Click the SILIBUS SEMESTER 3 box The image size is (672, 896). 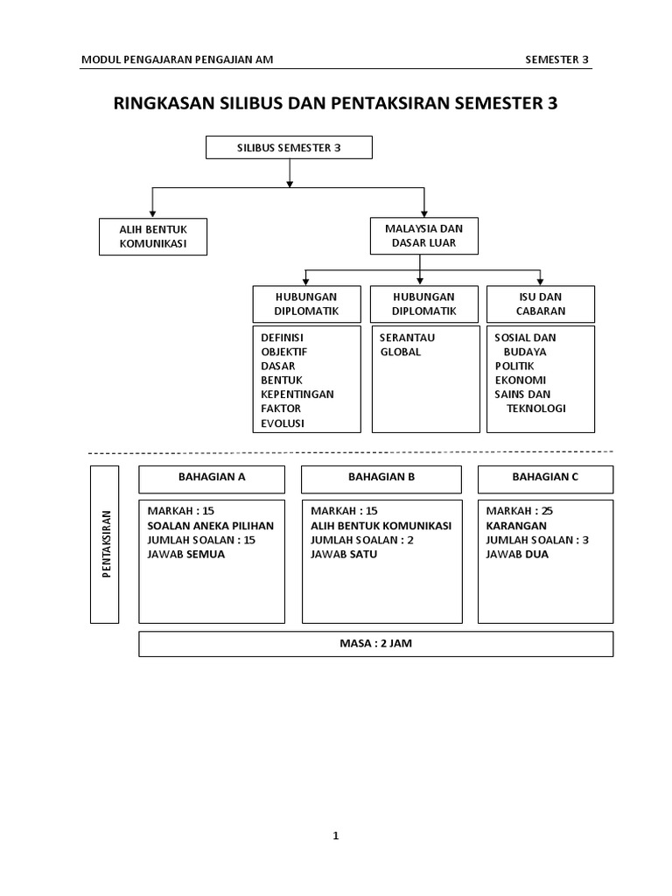[x=289, y=148]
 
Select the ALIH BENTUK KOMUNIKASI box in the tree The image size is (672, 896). [x=153, y=236]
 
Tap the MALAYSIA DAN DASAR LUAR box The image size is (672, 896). [x=424, y=235]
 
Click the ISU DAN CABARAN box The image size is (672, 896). [x=541, y=304]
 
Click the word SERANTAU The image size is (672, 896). [x=407, y=338]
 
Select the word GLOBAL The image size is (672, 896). [x=400, y=352]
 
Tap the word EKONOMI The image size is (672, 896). [x=520, y=380]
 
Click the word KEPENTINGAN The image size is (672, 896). [x=297, y=394]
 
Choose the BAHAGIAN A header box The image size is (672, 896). [x=212, y=479]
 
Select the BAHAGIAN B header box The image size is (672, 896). [x=381, y=479]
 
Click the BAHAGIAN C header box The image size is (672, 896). [x=545, y=479]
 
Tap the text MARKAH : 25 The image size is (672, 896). [x=520, y=512]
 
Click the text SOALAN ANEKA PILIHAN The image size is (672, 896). [x=211, y=526]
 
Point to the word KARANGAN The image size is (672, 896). [x=517, y=526]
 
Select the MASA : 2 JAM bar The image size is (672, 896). [x=375, y=644]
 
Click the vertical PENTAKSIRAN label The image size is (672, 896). [x=105, y=544]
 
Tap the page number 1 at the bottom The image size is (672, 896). [x=335, y=836]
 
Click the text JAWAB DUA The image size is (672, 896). [x=517, y=554]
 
